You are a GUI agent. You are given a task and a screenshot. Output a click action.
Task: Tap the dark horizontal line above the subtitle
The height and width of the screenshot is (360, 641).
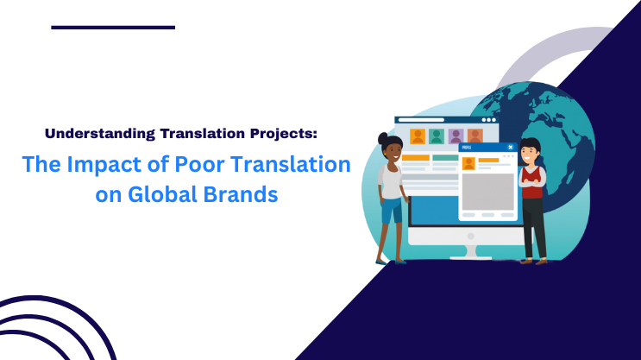click(112, 28)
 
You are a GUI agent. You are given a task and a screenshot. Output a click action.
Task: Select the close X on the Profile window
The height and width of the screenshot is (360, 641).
click(511, 148)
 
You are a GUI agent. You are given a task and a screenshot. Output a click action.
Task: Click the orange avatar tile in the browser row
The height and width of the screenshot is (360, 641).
click(418, 136)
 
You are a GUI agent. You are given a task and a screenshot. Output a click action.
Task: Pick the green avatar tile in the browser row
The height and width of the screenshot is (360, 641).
click(437, 136)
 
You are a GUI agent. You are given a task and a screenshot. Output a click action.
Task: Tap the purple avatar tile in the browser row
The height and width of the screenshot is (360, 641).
click(456, 136)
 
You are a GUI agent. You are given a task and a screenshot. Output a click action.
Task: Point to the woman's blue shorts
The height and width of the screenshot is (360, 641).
click(391, 210)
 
